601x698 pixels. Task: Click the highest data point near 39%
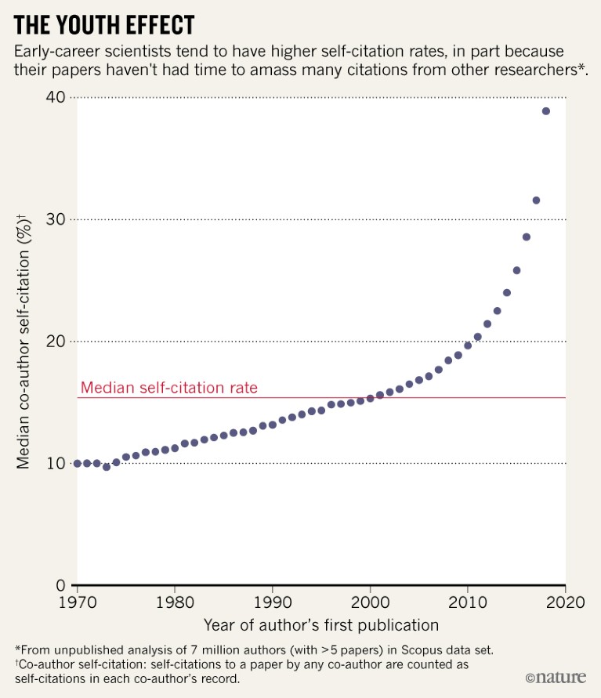point(545,111)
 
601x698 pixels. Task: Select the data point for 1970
point(77,464)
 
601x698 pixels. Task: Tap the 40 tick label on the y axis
point(55,97)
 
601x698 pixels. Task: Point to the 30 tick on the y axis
point(55,219)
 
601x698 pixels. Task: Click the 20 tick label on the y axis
point(55,342)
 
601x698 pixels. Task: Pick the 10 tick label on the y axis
point(56,464)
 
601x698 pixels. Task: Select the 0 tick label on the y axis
point(60,586)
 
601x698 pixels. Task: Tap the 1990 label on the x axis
point(272,603)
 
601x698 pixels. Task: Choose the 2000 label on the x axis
point(370,603)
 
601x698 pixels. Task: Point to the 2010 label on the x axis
point(467,603)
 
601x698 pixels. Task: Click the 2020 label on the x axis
point(565,603)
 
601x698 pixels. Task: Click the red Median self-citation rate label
point(169,388)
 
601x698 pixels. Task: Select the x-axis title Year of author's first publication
point(320,625)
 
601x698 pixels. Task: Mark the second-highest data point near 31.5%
point(536,201)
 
